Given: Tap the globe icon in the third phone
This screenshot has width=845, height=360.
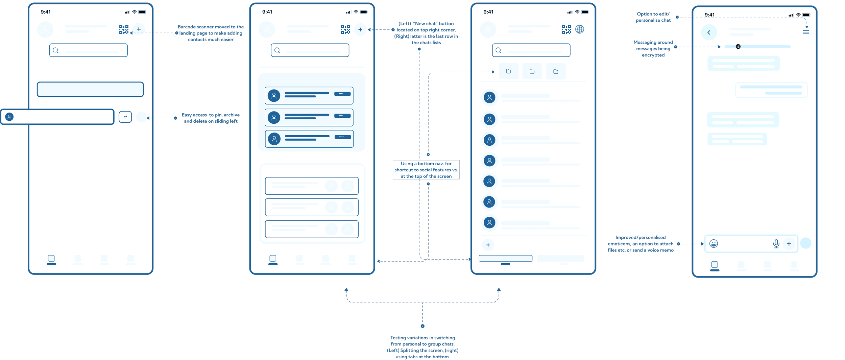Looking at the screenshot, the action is tap(580, 29).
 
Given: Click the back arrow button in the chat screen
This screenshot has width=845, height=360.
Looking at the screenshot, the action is tap(709, 32).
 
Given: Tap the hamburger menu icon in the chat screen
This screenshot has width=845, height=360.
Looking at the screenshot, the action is tap(806, 32).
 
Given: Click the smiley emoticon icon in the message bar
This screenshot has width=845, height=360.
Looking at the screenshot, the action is tap(714, 243).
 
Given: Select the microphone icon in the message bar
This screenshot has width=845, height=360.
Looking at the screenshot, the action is tap(776, 244).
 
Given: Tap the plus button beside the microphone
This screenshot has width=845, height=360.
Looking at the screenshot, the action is tap(789, 243).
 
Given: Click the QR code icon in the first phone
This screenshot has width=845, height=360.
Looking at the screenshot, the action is tap(124, 29).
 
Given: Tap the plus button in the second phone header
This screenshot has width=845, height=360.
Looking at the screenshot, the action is tap(360, 29).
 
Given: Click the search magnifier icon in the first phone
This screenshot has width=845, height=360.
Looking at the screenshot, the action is tap(56, 50).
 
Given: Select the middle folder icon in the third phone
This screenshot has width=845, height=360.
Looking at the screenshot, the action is tap(532, 71).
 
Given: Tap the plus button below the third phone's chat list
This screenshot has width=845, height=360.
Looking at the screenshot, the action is tap(488, 245).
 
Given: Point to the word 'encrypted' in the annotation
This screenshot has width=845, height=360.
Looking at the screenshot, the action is tap(653, 55).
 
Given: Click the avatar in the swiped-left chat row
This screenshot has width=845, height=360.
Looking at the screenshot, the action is tap(9, 117).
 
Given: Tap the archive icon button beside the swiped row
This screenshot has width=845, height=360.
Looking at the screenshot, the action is tap(125, 117).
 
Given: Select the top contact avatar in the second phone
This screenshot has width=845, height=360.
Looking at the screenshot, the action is tap(274, 96).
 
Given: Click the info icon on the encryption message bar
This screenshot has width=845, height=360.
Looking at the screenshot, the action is tap(738, 46).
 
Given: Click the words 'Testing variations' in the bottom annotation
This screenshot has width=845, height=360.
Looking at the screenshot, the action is tap(409, 338).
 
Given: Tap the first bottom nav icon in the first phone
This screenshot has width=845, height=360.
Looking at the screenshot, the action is tap(51, 258).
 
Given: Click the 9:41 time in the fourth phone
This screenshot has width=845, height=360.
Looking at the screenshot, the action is tap(709, 15).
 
